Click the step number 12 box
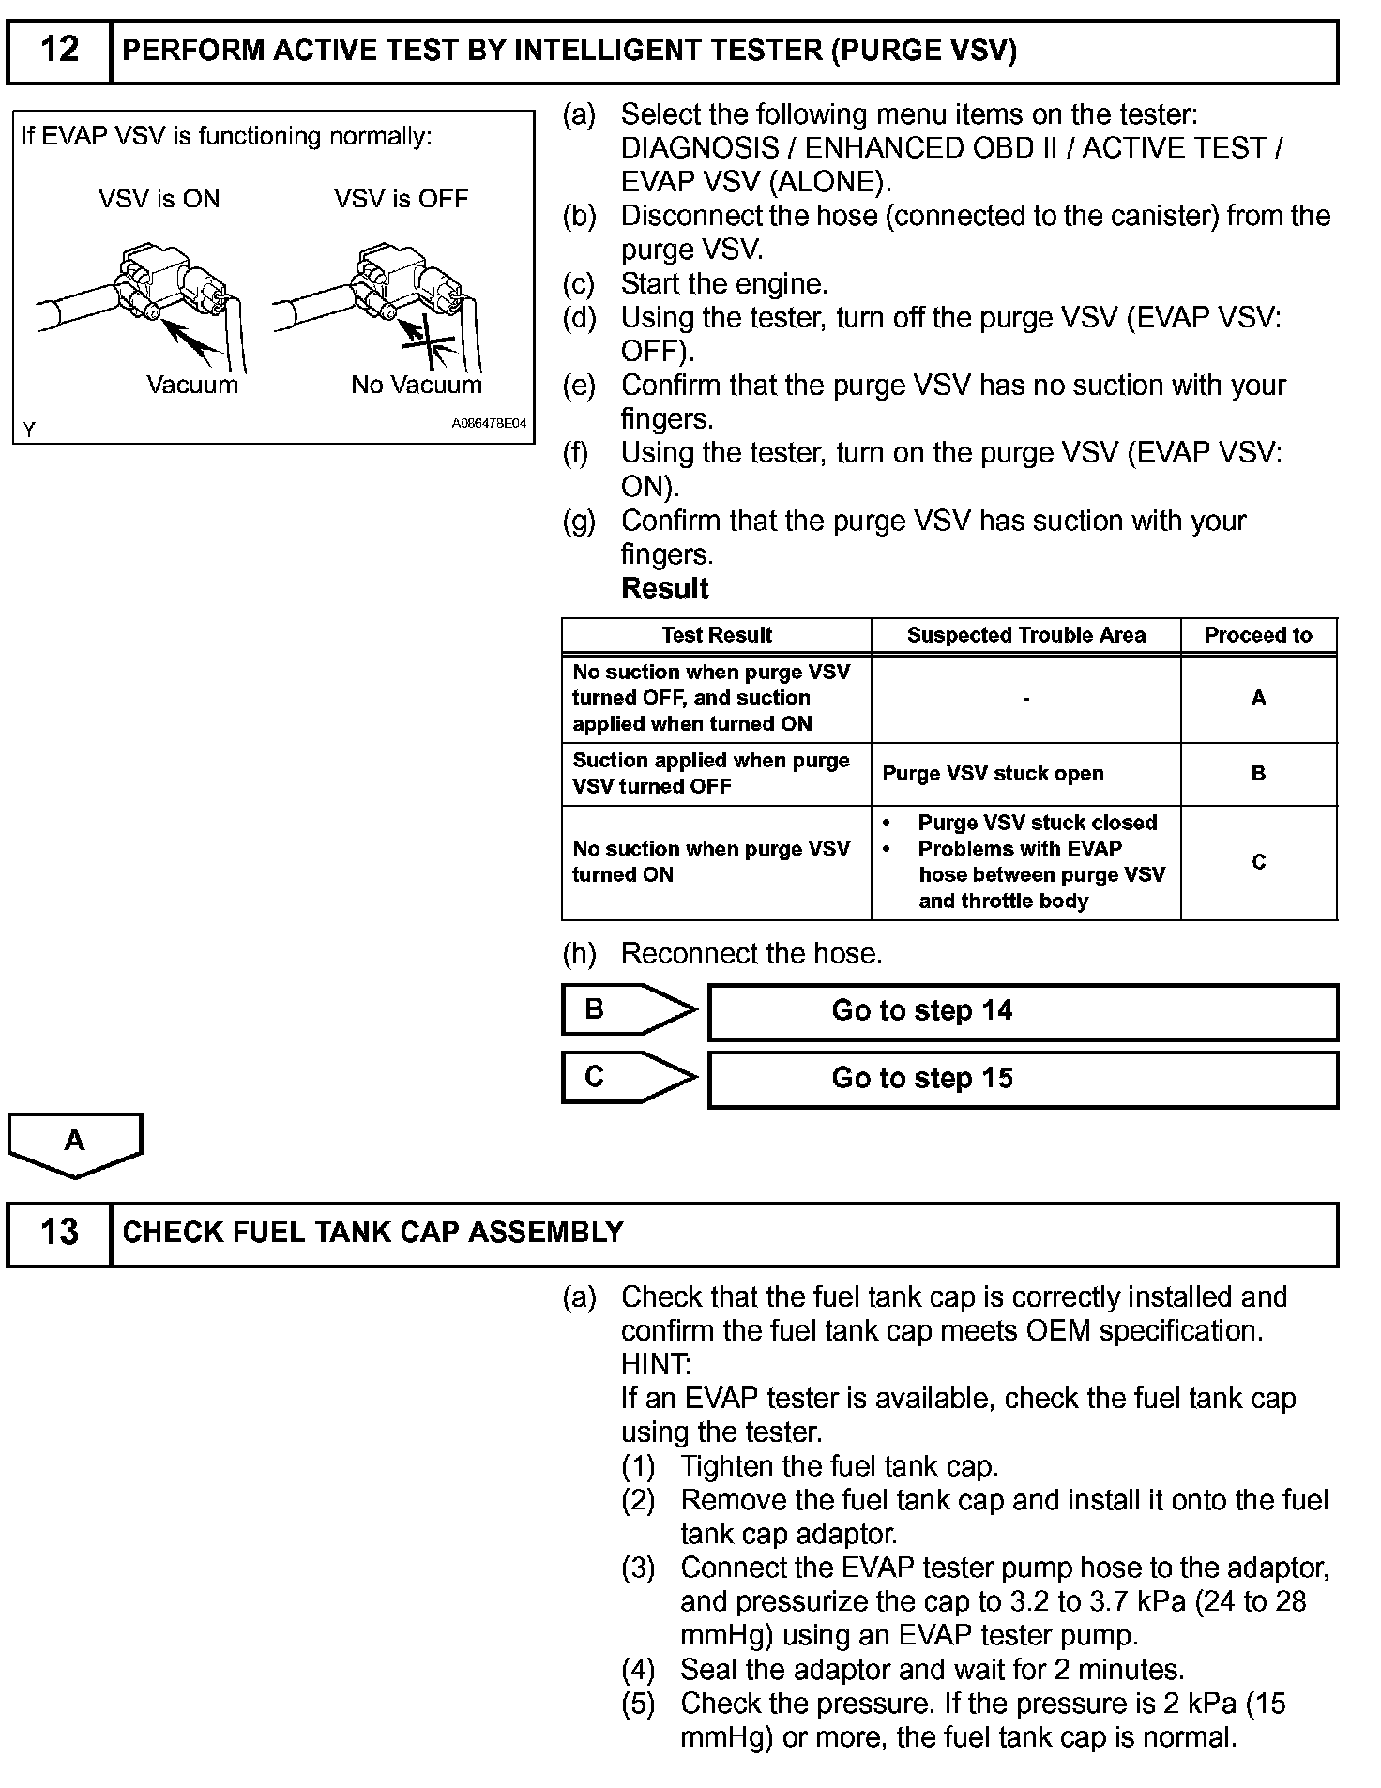pyautogui.click(x=59, y=51)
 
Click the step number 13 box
pyautogui.click(x=59, y=1233)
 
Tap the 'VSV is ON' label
pyautogui.click(x=159, y=199)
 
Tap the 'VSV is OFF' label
pyautogui.click(x=401, y=199)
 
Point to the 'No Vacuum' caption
pyautogui.click(x=416, y=385)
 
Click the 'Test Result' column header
pyautogui.click(x=716, y=635)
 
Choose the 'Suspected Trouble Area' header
pyautogui.click(x=1025, y=635)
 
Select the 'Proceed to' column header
pyautogui.click(x=1258, y=635)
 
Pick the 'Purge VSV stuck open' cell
pyautogui.click(x=993, y=774)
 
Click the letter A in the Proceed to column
pyautogui.click(x=1258, y=698)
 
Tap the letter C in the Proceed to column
pyautogui.click(x=1258, y=862)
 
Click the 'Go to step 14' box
pyautogui.click(x=1023, y=1011)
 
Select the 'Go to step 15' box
pyautogui.click(x=1023, y=1079)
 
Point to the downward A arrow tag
pyautogui.click(x=74, y=1143)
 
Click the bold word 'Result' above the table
pyautogui.click(x=665, y=588)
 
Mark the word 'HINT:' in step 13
pyautogui.click(x=655, y=1364)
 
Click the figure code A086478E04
pyautogui.click(x=489, y=424)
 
